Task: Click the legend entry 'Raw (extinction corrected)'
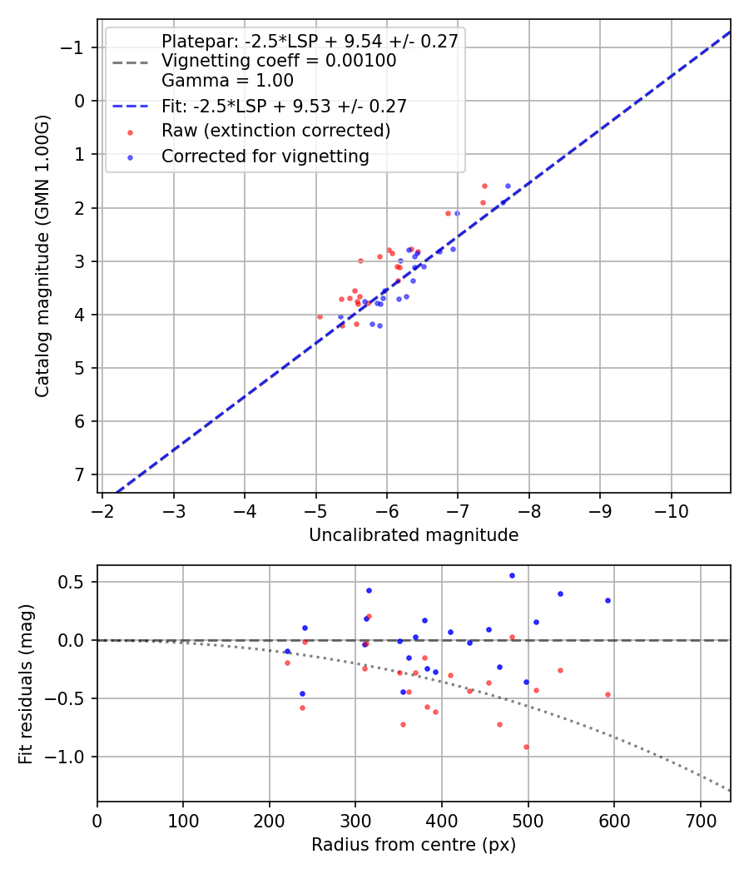tap(275, 131)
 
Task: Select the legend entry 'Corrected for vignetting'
tap(265, 156)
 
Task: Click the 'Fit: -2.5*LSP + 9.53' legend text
tap(284, 107)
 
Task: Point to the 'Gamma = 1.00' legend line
tap(227, 81)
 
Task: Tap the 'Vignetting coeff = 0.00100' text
tap(279, 61)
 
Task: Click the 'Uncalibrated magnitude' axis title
tap(414, 535)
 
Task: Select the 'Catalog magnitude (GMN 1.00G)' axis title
tap(42, 256)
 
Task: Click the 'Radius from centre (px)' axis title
tap(414, 845)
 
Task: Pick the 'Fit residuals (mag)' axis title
tap(26, 684)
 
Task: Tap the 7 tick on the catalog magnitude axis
tap(81, 474)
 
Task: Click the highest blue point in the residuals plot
tap(512, 575)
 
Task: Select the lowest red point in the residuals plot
tap(526, 747)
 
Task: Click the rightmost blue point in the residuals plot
tap(608, 600)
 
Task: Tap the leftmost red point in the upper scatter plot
tap(320, 316)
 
